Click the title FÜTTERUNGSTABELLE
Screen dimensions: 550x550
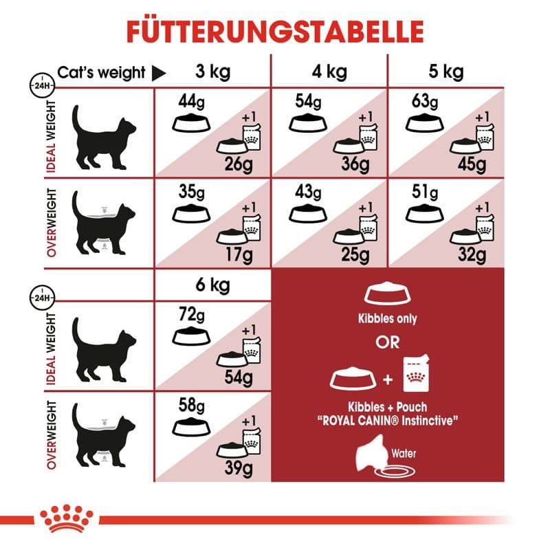click(x=274, y=32)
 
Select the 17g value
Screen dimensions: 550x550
click(x=241, y=256)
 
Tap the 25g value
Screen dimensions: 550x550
click(x=357, y=256)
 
